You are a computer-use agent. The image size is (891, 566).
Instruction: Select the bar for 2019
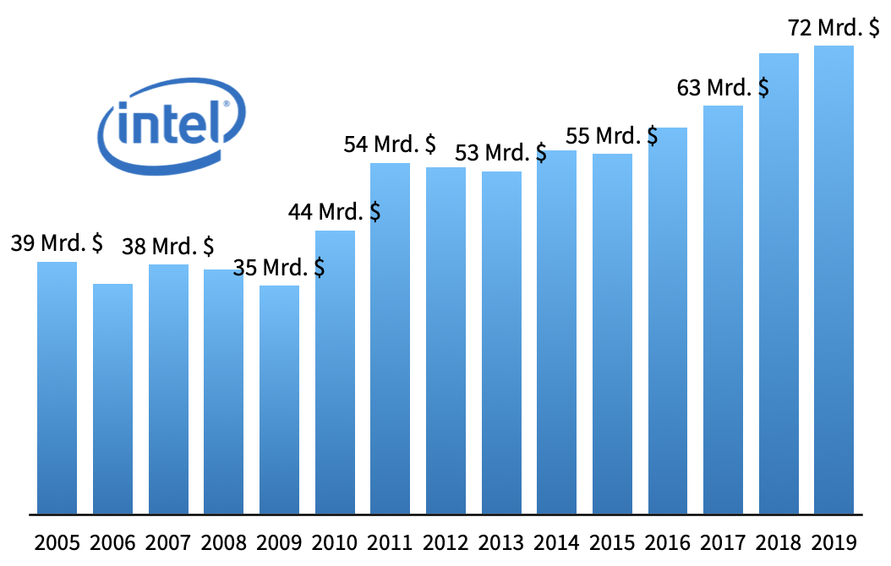click(834, 279)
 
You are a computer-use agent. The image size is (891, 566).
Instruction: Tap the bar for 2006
click(112, 398)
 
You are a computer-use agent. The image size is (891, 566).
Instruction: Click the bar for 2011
click(390, 338)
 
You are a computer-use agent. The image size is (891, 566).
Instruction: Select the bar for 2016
click(668, 320)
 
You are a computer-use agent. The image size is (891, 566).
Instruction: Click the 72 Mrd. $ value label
click(834, 28)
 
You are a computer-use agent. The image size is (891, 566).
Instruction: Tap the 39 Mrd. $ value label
click(57, 243)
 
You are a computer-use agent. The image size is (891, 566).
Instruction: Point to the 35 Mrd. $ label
click(279, 268)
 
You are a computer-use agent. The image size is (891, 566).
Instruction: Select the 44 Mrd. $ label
click(334, 211)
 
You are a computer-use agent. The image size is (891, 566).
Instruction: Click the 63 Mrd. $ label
click(723, 87)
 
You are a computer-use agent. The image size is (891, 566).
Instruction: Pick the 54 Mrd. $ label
click(390, 144)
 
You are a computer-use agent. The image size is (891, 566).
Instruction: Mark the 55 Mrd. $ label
click(612, 135)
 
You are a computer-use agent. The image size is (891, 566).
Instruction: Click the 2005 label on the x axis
click(57, 542)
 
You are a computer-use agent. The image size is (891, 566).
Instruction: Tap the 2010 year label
click(334, 542)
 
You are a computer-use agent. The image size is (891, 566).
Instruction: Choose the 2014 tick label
click(556, 542)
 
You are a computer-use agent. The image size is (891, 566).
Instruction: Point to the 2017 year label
click(723, 542)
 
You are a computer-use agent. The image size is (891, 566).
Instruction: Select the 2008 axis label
click(223, 542)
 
